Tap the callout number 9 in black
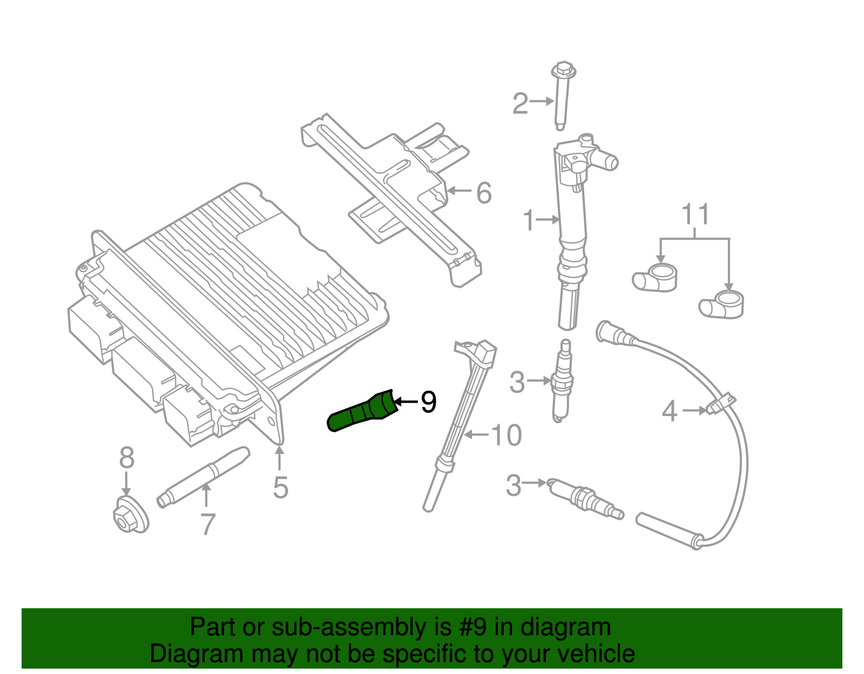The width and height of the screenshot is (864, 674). pos(428,402)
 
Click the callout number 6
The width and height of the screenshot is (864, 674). pos(484,193)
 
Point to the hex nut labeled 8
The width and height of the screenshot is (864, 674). pos(130,515)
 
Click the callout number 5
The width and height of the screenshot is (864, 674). pos(280,487)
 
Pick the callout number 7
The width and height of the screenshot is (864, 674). pos(208,524)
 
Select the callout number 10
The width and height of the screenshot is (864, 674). pos(507,435)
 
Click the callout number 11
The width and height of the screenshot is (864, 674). pos(695,215)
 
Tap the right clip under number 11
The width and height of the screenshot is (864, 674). pos(723,304)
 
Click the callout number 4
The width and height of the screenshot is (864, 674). pos(670,411)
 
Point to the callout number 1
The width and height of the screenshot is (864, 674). pos(528,220)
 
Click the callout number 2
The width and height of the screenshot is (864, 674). pos(519,103)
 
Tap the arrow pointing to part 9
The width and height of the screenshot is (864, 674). pos(406,401)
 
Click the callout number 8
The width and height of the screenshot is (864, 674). pos(126,458)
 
